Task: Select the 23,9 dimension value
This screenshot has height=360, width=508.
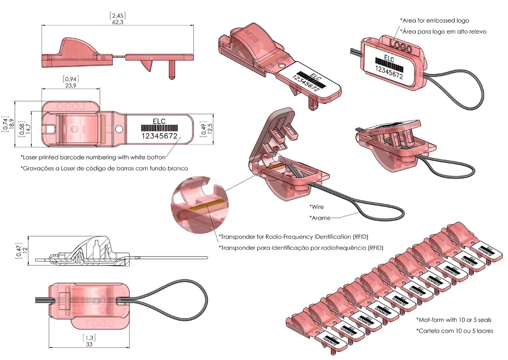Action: click(71, 85)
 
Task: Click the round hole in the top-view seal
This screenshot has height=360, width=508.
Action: click(119, 129)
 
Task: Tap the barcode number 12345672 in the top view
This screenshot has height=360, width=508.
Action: click(160, 136)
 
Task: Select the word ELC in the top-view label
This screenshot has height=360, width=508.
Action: click(159, 121)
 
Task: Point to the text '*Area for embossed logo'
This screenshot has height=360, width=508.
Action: click(434, 21)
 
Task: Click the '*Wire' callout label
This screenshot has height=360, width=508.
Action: click(316, 207)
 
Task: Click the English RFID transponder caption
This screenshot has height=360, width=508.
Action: click(296, 237)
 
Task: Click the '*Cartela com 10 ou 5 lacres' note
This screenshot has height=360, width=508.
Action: click(455, 331)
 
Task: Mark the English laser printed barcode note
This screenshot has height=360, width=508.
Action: click(93, 157)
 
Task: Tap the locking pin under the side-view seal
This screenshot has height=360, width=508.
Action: click(171, 70)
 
